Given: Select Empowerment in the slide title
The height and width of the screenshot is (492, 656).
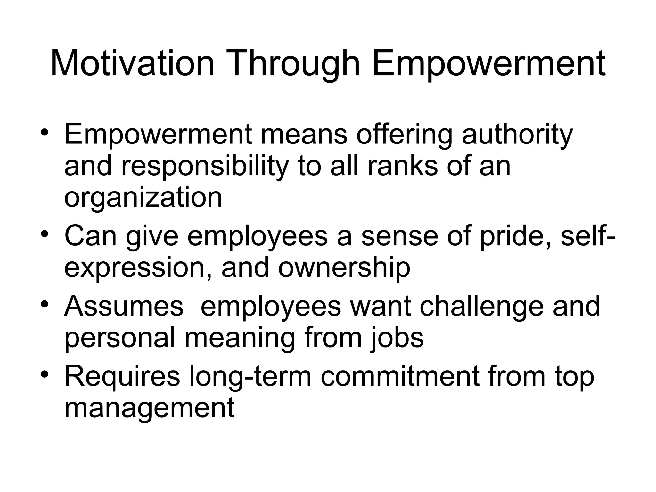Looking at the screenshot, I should point(489,64).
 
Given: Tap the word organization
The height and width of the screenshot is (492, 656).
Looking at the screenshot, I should point(143,198).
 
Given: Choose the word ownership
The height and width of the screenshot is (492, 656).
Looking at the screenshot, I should point(344,268).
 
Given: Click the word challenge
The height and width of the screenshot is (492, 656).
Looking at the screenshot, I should point(481,307).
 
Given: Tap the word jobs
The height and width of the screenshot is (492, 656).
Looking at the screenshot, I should point(397,338).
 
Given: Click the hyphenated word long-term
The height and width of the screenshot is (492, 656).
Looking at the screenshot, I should point(250,377).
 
